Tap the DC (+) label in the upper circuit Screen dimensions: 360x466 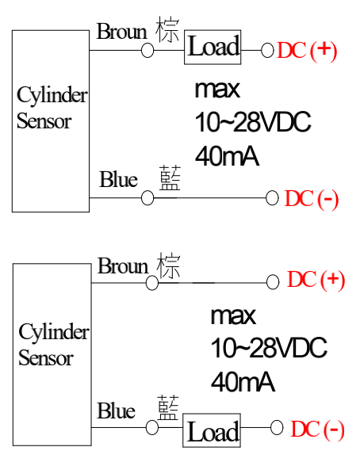(307, 51)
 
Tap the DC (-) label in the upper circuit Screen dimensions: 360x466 (312, 198)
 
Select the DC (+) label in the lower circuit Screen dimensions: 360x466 (316, 280)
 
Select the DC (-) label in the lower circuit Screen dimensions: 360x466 (317, 430)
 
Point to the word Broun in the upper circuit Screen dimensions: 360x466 (122, 31)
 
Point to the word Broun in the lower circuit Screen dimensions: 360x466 (123, 265)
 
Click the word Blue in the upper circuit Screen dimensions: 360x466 (118, 179)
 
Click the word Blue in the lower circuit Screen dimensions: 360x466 (117, 411)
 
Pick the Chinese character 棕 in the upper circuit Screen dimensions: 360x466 (167, 30)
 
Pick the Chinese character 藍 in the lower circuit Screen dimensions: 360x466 (168, 407)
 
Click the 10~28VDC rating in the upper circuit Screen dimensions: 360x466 (253, 122)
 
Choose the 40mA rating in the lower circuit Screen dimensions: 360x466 (243, 382)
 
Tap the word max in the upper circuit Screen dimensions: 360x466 (217, 89)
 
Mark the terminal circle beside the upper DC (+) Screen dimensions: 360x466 (267, 50)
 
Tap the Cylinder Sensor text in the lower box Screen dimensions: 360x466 (53, 345)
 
